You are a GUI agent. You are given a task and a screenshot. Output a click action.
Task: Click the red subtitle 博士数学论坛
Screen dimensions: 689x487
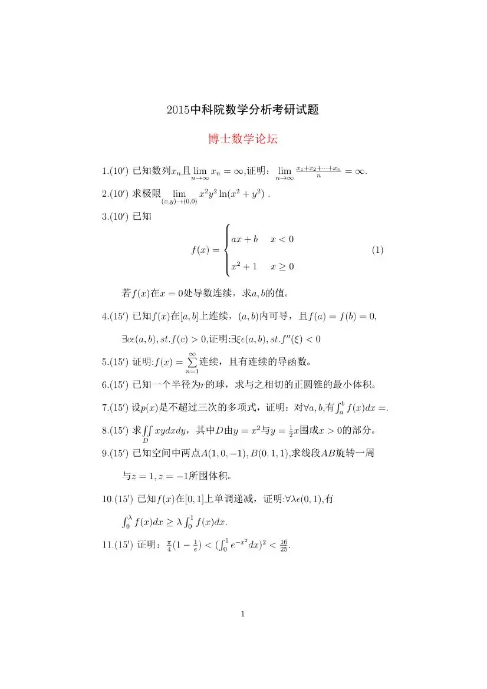point(242,140)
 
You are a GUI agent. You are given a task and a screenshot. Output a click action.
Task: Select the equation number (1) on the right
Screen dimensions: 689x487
point(378,250)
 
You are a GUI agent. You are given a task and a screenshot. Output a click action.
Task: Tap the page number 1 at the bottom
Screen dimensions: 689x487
point(243,614)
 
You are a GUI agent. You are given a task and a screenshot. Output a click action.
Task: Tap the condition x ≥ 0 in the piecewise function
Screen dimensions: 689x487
point(282,266)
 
